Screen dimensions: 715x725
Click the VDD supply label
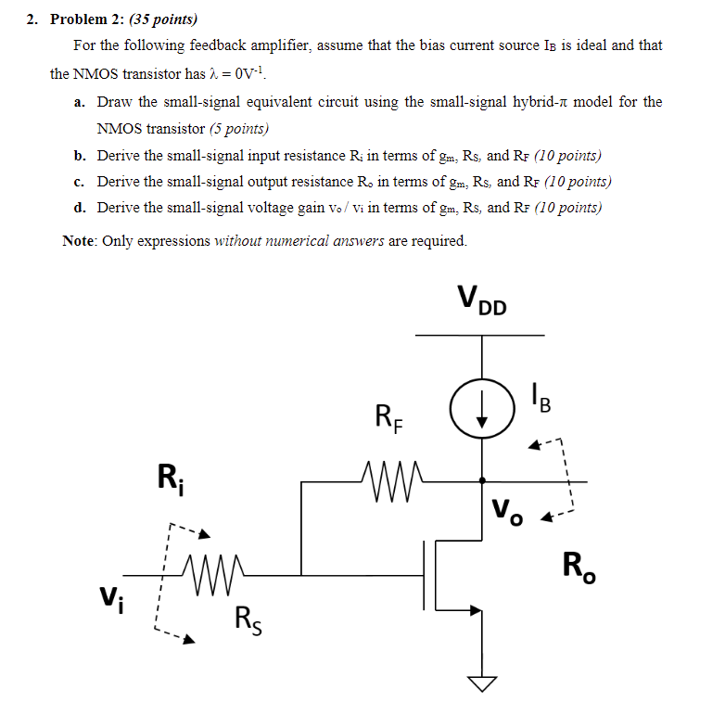point(482,300)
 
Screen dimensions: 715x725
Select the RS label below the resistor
point(247,617)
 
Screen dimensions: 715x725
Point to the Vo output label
point(508,510)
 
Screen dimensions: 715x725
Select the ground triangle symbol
point(481,684)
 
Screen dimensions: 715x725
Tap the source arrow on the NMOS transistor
point(469,610)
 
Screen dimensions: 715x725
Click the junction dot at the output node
point(481,480)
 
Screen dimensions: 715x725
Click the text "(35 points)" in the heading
point(162,19)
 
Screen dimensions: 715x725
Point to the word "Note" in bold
point(79,241)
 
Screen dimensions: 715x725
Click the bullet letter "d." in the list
point(81,207)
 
